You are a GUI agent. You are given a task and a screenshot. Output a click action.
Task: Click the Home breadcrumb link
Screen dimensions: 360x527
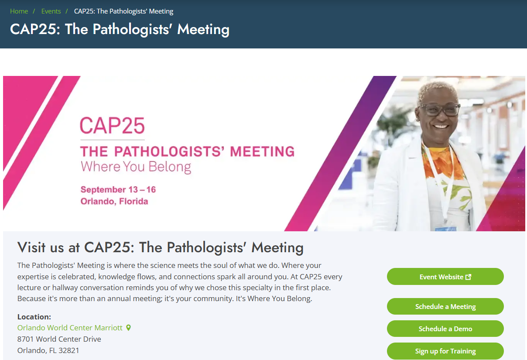click(19, 11)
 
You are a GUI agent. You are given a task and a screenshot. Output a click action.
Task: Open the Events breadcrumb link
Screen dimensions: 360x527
click(51, 11)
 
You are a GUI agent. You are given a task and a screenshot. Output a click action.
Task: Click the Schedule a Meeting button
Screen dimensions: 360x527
click(445, 307)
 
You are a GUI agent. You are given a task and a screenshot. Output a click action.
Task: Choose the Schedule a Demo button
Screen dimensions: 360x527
click(445, 329)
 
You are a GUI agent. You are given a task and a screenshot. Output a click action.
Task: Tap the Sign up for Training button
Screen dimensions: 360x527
click(445, 351)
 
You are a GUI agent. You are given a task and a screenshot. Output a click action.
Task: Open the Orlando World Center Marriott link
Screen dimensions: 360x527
click(70, 328)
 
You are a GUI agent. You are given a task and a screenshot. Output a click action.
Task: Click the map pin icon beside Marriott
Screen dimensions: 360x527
click(128, 328)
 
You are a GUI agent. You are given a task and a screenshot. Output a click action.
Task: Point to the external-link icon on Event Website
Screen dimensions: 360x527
click(469, 277)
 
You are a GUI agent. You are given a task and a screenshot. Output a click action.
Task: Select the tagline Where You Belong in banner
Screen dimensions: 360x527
click(136, 167)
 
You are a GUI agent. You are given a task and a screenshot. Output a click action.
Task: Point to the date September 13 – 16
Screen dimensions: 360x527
click(118, 190)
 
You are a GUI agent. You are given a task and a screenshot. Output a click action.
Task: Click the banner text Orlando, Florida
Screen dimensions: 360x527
click(114, 202)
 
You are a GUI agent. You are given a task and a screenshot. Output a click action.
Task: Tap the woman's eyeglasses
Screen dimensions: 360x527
click(439, 109)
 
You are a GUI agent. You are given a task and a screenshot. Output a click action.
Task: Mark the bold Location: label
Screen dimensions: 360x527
click(34, 317)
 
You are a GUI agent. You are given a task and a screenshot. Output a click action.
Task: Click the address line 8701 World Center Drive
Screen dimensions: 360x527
click(59, 339)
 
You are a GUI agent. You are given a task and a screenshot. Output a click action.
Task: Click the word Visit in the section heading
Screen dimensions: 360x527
click(31, 247)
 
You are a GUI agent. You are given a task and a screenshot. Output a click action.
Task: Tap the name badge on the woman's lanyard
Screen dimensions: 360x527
click(445, 228)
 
